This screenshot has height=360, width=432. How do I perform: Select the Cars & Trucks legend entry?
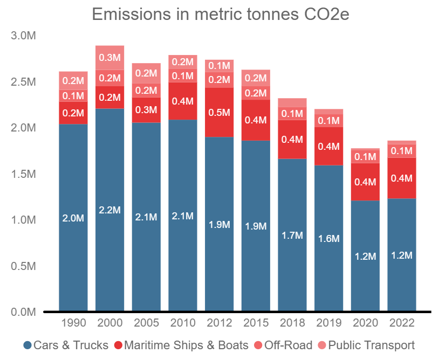tap(66, 345)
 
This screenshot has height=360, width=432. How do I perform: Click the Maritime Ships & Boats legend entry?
tap(181, 345)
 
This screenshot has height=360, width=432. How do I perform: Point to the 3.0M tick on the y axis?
tap(23, 36)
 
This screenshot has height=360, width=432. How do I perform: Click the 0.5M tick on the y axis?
tap(23, 266)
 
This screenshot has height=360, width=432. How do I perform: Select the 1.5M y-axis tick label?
tap(23, 174)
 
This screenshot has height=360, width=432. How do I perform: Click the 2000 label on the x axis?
tap(109, 323)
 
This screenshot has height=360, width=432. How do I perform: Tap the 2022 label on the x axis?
tap(401, 323)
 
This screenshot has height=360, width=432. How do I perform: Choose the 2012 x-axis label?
tap(219, 323)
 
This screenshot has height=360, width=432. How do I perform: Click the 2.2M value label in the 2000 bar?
tap(109, 210)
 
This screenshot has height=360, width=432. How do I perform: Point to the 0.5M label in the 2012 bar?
tap(219, 113)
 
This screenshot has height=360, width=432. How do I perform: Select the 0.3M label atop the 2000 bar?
tap(109, 58)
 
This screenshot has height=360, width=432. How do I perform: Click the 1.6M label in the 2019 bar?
tap(328, 238)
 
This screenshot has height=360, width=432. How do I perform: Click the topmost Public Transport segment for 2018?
tap(292, 102)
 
